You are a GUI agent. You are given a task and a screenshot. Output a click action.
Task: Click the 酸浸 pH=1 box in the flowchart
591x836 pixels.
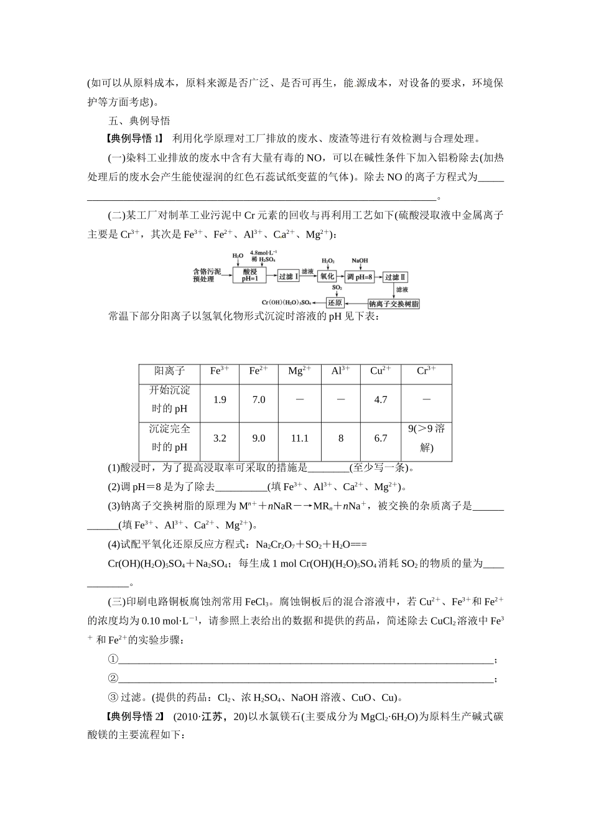(249, 276)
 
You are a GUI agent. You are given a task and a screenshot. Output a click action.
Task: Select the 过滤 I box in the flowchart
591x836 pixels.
(287, 276)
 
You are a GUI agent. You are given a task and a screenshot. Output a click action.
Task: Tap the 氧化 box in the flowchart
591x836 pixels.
(327, 276)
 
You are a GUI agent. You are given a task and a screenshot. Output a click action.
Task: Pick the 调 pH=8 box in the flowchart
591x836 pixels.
(360, 276)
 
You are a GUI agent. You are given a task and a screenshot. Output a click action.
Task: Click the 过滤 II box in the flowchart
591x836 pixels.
(395, 277)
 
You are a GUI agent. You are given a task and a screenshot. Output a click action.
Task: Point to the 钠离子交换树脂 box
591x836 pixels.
(394, 304)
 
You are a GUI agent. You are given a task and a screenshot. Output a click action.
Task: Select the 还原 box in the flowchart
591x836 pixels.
(335, 303)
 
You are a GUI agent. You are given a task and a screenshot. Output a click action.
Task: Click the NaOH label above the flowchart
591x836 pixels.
(360, 261)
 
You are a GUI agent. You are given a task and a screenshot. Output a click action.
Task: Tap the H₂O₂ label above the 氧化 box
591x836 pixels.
(328, 261)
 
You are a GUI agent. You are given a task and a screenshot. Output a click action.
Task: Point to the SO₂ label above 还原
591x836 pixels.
(336, 289)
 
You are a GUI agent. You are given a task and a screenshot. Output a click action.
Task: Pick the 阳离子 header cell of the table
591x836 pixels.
(170, 371)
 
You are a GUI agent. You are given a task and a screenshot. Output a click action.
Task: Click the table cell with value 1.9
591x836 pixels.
(220, 400)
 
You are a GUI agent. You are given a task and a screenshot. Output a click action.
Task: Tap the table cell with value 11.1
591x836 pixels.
(299, 439)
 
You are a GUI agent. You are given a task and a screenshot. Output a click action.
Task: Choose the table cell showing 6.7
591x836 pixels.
(381, 439)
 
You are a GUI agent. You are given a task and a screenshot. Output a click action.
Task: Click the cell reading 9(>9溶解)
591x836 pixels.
(426, 438)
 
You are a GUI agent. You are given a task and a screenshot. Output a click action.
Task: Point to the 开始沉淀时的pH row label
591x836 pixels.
(170, 399)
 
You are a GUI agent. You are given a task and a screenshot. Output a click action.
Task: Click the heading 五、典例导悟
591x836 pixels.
(139, 121)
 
